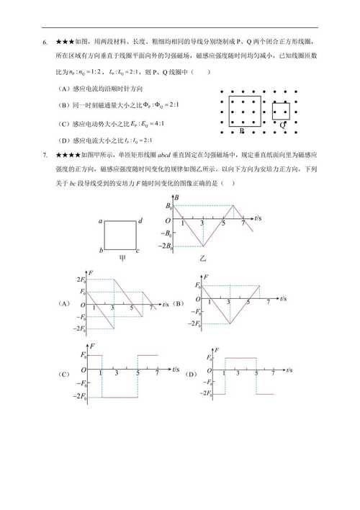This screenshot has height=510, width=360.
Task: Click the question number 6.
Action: point(45,42)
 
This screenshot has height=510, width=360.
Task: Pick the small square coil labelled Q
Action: point(282,112)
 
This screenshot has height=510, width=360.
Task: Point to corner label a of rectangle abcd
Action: point(101,221)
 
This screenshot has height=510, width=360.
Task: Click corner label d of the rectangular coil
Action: point(140,221)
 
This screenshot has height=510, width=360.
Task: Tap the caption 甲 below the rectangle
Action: point(120,259)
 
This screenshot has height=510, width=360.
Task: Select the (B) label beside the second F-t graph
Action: point(179,303)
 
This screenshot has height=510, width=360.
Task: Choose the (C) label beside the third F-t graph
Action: point(64,375)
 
